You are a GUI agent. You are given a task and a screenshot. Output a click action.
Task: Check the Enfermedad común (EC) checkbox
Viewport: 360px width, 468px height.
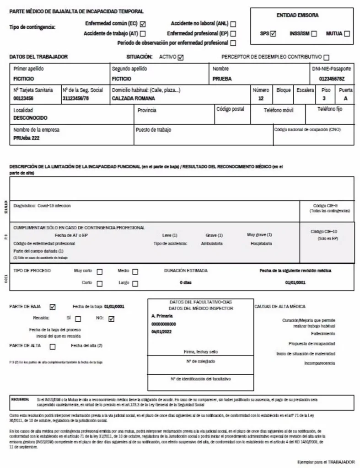[x=143, y=24]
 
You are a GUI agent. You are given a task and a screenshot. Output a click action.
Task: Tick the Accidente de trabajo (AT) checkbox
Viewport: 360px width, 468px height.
[x=143, y=33]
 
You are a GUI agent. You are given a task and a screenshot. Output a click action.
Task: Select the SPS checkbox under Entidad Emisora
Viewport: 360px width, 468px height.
[x=273, y=33]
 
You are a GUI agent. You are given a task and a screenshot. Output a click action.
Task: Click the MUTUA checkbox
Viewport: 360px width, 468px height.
[x=347, y=33]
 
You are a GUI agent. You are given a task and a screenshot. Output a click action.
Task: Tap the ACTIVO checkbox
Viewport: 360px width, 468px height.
[x=180, y=58]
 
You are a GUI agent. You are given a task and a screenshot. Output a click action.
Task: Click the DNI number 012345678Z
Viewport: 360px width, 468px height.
[x=335, y=79]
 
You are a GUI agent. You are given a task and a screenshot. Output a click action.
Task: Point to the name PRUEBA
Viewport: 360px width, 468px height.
[x=222, y=79]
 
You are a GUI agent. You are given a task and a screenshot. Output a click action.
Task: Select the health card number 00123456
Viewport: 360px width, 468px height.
[x=23, y=98]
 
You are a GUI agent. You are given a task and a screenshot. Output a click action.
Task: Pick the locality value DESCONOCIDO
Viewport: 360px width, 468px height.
[x=31, y=118]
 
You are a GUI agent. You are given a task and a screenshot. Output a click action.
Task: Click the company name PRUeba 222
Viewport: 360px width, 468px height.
[x=27, y=138]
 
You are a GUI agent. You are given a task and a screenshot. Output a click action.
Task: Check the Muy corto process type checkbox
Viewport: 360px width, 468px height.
[x=99, y=271]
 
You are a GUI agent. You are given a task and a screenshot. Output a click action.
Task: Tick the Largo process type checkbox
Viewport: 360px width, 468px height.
[x=135, y=283]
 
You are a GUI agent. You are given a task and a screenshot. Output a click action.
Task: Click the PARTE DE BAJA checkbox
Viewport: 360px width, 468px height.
[x=53, y=307]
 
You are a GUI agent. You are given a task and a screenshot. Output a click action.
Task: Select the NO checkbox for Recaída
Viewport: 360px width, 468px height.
[x=111, y=319]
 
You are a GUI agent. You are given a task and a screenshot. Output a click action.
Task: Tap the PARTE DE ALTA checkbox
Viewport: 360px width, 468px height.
[x=53, y=346]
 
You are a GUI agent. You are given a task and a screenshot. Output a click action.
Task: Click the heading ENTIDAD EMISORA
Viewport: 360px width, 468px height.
[x=297, y=16]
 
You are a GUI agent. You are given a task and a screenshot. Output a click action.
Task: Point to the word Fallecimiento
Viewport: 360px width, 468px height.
[x=322, y=334]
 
